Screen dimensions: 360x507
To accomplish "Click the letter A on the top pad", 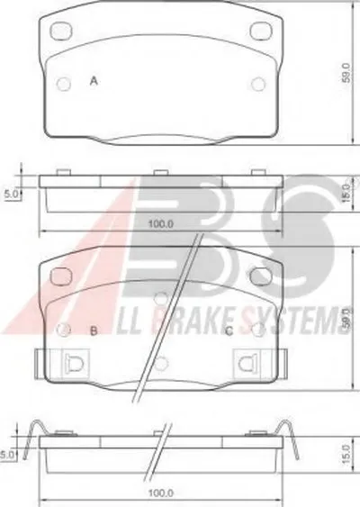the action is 94,80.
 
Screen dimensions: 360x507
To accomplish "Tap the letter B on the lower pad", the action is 94,330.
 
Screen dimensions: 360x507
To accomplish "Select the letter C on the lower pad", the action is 229,331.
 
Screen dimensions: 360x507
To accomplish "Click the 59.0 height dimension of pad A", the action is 346,73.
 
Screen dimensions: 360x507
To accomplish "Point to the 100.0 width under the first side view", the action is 161,223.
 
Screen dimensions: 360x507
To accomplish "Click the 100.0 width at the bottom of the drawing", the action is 161,493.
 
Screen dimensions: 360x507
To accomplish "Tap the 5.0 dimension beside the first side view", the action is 10,194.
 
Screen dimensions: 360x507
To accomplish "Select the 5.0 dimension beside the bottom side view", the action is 7,455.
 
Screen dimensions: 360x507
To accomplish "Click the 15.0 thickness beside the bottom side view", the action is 346,454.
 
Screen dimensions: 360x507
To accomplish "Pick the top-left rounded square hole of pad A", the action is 61,31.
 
